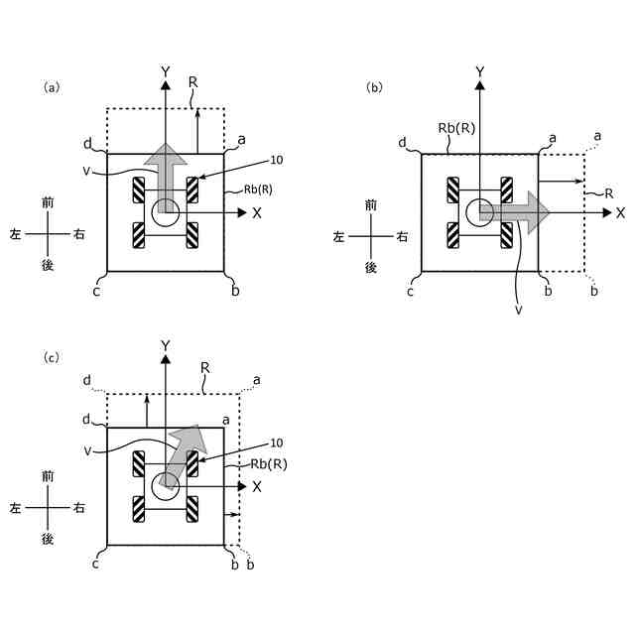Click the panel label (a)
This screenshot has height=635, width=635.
click(52, 87)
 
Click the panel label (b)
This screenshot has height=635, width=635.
click(374, 87)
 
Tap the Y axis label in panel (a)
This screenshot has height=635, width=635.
click(166, 71)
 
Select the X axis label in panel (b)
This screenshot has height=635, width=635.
click(620, 212)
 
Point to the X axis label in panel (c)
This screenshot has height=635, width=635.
click(256, 486)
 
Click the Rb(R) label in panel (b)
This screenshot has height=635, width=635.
click(452, 127)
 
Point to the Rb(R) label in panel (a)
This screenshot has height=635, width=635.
click(260, 191)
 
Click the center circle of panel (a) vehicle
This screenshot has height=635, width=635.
click(166, 211)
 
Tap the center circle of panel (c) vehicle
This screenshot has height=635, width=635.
click(166, 484)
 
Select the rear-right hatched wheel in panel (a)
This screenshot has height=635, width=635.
click(192, 236)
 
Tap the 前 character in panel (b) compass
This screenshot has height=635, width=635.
click(371, 204)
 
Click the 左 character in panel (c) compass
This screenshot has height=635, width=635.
click(16, 507)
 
